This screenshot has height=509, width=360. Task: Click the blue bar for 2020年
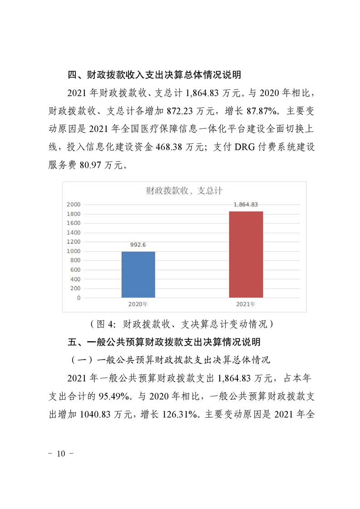pos(138,274)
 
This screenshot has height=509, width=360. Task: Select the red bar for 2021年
pos(246,254)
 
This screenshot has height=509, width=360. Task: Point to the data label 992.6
pos(138,245)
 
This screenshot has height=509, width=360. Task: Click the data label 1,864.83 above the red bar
pos(246,205)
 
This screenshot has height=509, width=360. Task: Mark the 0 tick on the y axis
pos(79,298)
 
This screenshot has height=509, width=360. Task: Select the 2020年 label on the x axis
pos(138,304)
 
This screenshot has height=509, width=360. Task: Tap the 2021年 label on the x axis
pos(246,304)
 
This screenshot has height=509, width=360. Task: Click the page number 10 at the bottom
pos(61,453)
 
